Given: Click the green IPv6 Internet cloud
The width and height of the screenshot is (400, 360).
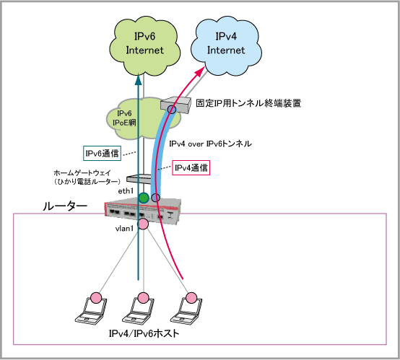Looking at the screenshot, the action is click(x=144, y=45).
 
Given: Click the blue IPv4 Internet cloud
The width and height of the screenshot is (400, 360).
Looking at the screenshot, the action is click(x=226, y=45).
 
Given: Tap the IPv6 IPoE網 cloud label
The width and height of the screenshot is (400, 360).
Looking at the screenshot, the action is click(x=124, y=118).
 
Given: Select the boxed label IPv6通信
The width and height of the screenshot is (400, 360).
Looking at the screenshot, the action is click(x=102, y=153).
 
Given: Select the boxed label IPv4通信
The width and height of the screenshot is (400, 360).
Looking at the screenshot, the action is click(x=191, y=168).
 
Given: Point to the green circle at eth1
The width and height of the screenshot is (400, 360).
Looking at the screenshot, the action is click(x=144, y=198).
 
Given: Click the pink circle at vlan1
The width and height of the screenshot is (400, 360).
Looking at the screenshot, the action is click(x=143, y=224).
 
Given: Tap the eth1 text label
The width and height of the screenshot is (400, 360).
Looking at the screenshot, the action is click(x=126, y=191).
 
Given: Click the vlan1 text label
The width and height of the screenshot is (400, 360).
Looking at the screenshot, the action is click(x=124, y=229).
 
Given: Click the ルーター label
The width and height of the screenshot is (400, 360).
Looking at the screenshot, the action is click(x=65, y=206).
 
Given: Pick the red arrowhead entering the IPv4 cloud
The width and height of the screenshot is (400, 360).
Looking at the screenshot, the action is click(x=200, y=71).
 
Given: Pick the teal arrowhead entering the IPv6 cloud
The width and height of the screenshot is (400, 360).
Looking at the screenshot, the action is click(x=138, y=79).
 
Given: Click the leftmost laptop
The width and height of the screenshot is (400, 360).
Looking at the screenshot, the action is click(x=91, y=309).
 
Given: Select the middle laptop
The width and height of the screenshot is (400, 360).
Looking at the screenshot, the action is click(x=139, y=309).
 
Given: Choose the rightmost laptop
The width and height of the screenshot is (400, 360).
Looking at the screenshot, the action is click(x=186, y=309).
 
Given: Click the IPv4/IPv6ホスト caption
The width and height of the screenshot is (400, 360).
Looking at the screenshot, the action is click(x=144, y=333).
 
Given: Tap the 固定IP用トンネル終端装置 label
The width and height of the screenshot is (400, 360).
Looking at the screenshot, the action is click(x=248, y=103).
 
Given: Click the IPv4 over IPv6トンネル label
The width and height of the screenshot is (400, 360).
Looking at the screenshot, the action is click(x=210, y=144).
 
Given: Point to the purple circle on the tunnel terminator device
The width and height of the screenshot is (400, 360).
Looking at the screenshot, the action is click(x=172, y=110).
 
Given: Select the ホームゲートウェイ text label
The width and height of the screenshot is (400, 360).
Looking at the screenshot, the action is click(x=82, y=173).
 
